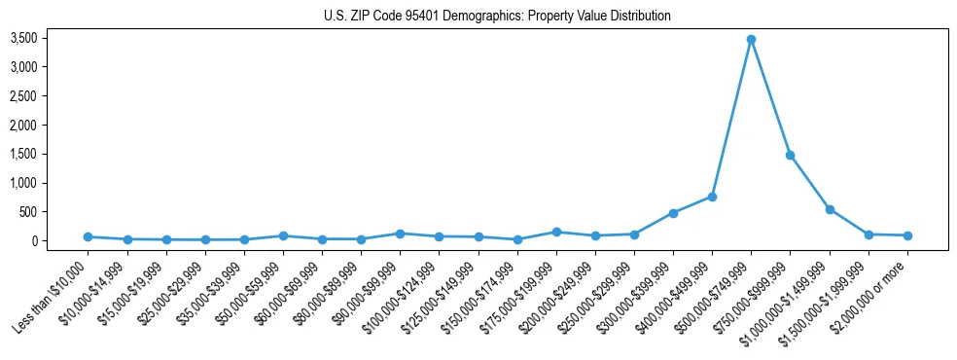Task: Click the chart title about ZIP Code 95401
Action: click(497, 17)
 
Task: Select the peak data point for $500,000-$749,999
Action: click(751, 39)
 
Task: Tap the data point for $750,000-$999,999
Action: click(790, 155)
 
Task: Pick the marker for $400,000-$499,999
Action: click(712, 197)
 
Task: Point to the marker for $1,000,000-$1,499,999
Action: click(830, 209)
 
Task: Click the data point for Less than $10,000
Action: click(88, 236)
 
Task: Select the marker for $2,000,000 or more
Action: click(907, 235)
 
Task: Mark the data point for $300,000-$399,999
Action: click(673, 213)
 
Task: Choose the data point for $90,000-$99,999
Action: click(400, 234)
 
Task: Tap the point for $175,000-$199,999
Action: click(556, 232)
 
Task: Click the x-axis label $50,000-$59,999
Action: click(249, 293)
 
